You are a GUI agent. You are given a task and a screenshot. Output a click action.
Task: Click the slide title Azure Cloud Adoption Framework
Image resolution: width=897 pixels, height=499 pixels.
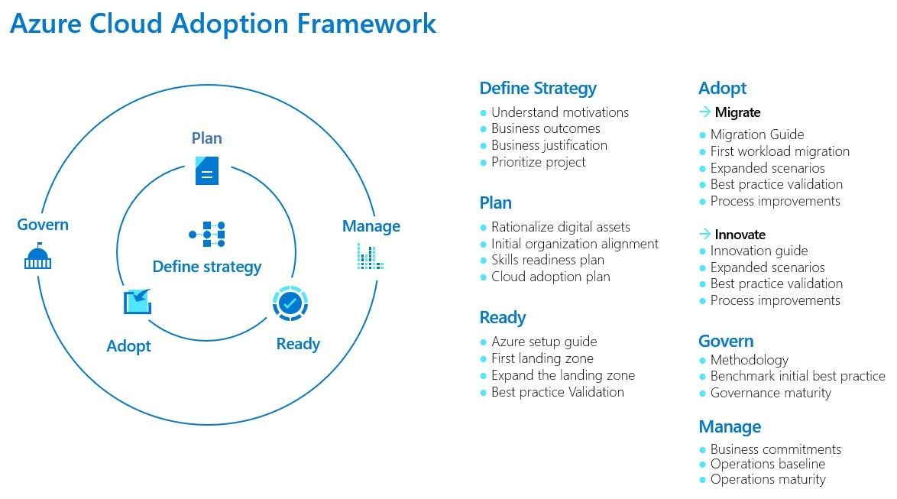[222, 23]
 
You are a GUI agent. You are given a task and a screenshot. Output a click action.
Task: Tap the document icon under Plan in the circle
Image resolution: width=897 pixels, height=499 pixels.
[206, 170]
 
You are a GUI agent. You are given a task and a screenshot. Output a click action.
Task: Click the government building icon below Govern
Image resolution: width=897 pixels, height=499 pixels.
[37, 257]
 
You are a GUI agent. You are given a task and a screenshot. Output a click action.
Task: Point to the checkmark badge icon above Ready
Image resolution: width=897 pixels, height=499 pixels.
[290, 303]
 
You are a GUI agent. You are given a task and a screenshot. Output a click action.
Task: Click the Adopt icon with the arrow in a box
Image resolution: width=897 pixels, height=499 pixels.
[138, 301]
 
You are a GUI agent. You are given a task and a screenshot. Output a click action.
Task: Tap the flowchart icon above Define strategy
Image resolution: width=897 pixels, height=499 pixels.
[206, 234]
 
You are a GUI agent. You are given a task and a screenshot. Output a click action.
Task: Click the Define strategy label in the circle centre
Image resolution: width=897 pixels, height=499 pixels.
[206, 267]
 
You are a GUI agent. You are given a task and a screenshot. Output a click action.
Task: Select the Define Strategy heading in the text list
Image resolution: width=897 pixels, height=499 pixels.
[537, 88]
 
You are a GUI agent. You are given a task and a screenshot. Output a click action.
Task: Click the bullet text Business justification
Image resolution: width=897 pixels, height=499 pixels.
[549, 145]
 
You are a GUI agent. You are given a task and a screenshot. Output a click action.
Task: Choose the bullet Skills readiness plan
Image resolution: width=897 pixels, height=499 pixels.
[547, 260]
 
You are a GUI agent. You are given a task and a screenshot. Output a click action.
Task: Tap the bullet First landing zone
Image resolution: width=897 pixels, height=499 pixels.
[542, 358]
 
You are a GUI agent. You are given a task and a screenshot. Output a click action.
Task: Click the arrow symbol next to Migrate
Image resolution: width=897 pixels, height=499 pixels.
[704, 112]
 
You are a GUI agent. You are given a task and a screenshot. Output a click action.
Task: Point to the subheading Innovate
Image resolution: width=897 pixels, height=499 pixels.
[740, 235]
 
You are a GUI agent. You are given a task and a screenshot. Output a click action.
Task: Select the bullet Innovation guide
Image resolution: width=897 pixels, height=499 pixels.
[758, 251]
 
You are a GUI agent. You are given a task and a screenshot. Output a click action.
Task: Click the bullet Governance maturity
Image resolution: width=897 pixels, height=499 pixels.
[770, 393]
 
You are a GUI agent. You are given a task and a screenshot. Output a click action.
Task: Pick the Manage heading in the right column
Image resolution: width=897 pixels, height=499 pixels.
[729, 426]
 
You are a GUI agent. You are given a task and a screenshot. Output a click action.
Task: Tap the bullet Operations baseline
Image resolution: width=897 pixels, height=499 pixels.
[767, 464]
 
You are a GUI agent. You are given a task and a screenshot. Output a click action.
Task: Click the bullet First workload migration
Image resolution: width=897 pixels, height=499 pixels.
[779, 151]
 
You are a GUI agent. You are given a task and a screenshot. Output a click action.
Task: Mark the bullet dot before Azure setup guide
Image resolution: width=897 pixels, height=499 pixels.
[484, 342]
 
